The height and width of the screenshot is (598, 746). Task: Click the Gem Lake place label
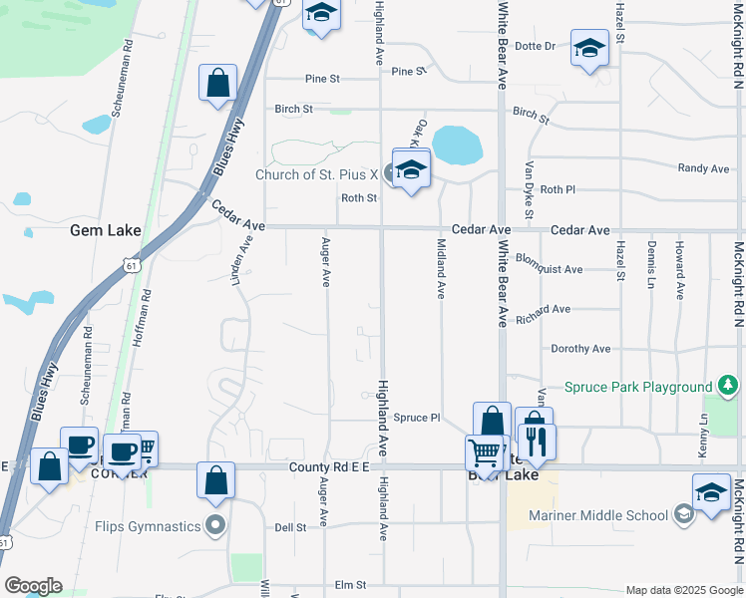click(105, 230)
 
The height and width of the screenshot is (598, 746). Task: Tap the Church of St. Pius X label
click(316, 174)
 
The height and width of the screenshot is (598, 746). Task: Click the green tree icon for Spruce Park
click(729, 386)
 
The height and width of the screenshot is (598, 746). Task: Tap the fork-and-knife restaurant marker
click(537, 442)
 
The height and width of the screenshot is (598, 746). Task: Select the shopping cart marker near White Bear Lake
click(485, 452)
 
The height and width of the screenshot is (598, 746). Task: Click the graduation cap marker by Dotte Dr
click(589, 47)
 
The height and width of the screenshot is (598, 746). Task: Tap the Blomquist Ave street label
click(550, 270)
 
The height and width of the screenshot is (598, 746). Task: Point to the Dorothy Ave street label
click(580, 349)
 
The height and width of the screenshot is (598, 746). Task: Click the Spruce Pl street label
click(416, 419)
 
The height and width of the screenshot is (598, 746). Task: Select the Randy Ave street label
click(703, 169)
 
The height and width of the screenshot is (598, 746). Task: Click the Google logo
click(32, 586)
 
